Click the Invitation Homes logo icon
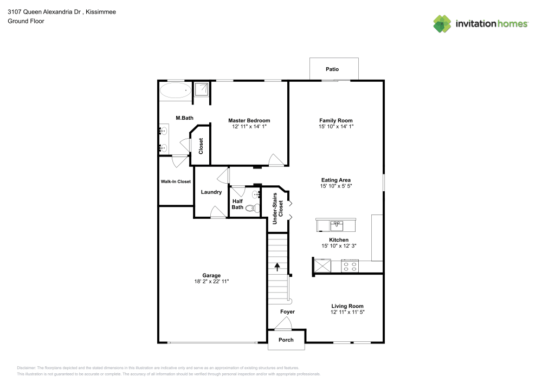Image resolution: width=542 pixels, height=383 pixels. point(442,23)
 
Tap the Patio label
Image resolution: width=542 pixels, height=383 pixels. point(332,69)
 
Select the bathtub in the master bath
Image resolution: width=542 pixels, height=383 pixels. point(175,90)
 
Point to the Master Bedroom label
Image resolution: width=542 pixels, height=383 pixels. point(249,120)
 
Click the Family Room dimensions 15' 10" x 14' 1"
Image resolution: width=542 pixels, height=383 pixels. point(336,126)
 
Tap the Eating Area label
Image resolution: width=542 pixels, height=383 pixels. point(336,180)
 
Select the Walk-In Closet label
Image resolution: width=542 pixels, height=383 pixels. point(175,181)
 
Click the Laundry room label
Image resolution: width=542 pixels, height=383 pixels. point(211,192)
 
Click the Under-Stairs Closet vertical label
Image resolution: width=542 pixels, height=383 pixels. point(278,209)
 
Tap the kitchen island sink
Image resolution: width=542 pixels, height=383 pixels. point(336,224)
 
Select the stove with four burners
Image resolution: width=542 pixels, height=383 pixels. point(350,265)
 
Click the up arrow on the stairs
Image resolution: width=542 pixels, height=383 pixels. point(278,266)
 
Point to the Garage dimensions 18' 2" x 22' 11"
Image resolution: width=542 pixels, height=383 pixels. point(211,282)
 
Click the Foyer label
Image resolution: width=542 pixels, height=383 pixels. point(287,312)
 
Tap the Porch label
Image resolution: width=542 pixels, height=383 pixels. point(286,340)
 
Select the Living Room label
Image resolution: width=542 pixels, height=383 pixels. point(347,306)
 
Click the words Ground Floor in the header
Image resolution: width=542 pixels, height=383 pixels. point(25,21)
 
